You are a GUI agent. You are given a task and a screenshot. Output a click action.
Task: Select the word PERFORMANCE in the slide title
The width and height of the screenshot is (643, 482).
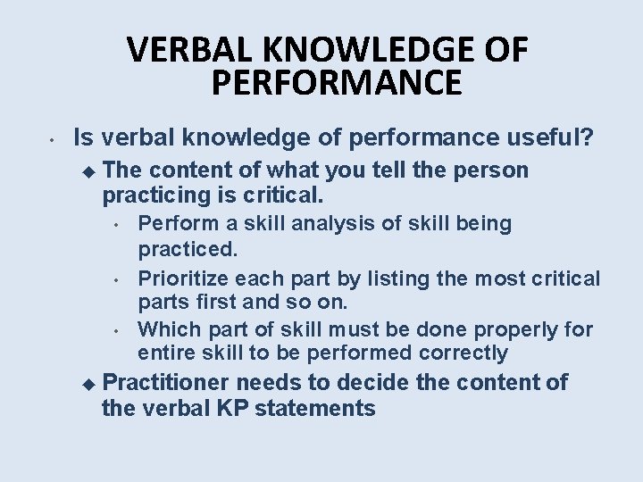(x=337, y=83)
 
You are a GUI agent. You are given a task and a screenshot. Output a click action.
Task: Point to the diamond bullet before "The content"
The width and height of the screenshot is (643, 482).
(x=86, y=170)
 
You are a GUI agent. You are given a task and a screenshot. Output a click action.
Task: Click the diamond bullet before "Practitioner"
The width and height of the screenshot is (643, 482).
(x=86, y=384)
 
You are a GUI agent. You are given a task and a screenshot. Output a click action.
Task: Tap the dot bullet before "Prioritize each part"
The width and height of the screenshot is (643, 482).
(x=118, y=280)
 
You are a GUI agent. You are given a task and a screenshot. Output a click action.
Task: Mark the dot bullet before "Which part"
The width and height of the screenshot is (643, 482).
(x=118, y=331)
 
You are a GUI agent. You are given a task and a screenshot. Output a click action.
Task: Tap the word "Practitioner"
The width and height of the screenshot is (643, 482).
(x=167, y=384)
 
